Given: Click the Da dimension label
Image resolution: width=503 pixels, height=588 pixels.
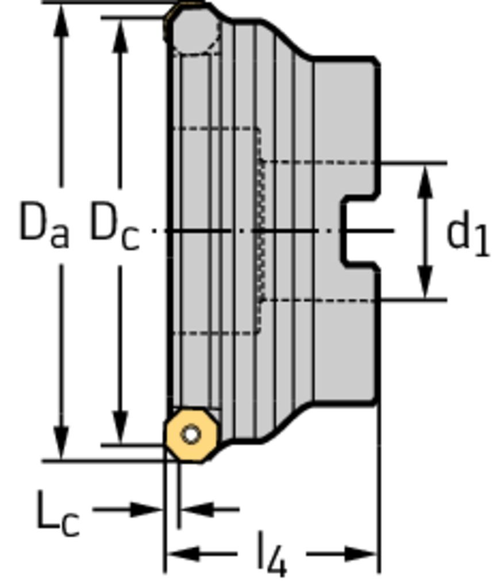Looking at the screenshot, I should click(x=44, y=225).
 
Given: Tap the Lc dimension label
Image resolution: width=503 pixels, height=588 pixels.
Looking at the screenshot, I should click(x=57, y=513).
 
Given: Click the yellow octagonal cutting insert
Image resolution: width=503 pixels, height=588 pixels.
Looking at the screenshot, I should click(x=191, y=435).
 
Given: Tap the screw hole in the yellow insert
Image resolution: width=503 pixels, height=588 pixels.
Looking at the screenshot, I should click(x=191, y=435).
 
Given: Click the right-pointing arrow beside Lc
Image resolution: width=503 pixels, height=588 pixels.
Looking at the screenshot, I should click(x=146, y=509).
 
